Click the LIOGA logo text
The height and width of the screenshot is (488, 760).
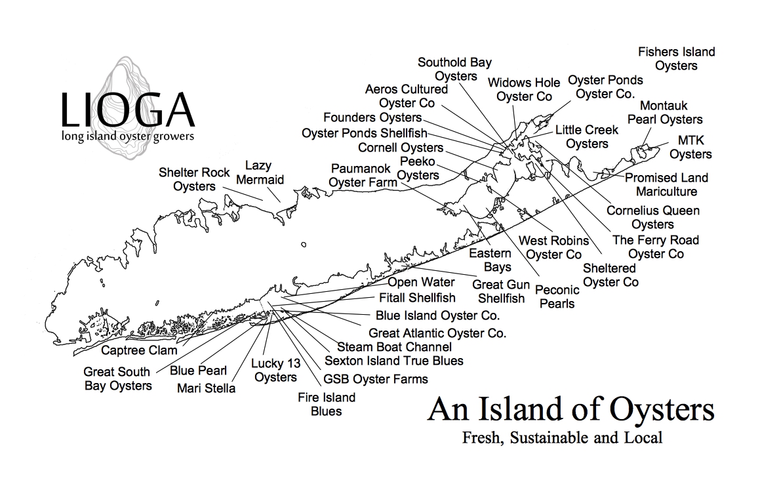[x=127, y=110]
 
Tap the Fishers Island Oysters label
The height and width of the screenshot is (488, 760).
[x=676, y=58]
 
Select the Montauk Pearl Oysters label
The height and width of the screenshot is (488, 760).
[x=664, y=112]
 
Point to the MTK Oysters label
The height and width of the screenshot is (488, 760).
[x=690, y=148]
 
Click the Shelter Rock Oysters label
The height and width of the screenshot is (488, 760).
[x=194, y=179]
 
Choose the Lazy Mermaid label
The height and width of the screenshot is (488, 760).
[x=260, y=173]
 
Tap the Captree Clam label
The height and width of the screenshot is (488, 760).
[x=139, y=350]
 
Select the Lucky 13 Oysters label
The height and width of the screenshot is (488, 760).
[x=275, y=370]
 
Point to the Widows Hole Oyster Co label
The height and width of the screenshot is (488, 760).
[x=524, y=89]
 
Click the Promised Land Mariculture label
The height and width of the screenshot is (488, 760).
[x=666, y=184]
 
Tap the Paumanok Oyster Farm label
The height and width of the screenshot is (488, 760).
[x=363, y=175]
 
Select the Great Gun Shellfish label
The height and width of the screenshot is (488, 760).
[x=501, y=291]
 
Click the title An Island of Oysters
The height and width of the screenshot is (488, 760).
[x=570, y=410]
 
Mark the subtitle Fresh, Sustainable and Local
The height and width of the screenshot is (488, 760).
[x=562, y=437]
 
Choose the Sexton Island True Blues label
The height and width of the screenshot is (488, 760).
[x=393, y=361]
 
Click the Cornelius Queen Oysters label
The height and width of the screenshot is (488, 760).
[x=652, y=217]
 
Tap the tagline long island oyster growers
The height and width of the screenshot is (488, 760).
[x=127, y=136]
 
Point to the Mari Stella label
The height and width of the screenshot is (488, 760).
[x=206, y=388]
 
